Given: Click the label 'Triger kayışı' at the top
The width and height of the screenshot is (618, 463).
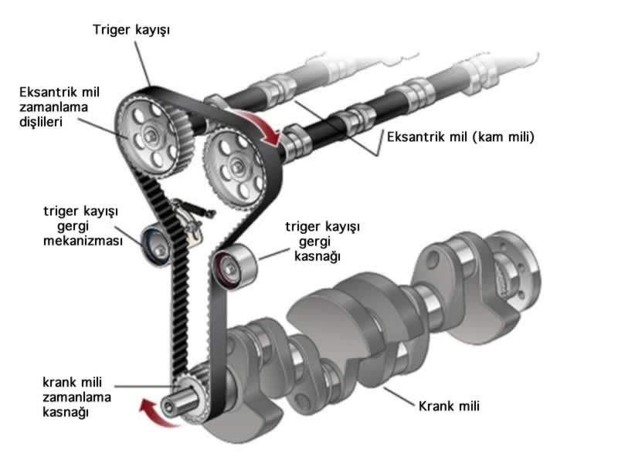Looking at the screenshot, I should coord(131,31).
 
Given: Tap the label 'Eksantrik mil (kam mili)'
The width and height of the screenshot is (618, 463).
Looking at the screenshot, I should coord(460,137).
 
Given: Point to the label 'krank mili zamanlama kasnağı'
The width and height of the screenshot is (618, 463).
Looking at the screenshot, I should coord(76,397).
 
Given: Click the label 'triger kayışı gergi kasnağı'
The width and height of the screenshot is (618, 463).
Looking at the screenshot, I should coord(324,242).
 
